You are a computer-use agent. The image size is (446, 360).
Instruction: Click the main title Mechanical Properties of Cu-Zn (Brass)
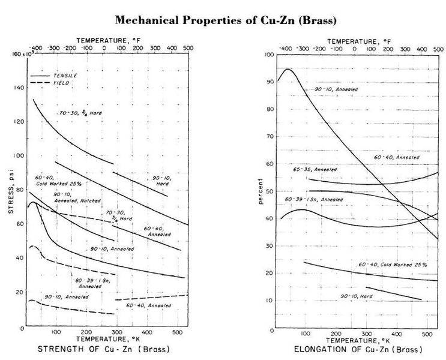(x=225, y=20)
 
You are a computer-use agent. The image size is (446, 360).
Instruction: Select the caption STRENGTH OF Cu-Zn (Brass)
(x=104, y=349)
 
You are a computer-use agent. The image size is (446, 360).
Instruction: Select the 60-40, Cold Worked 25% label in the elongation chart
(x=392, y=265)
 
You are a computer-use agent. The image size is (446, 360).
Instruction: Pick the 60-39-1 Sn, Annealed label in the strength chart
(x=91, y=283)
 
